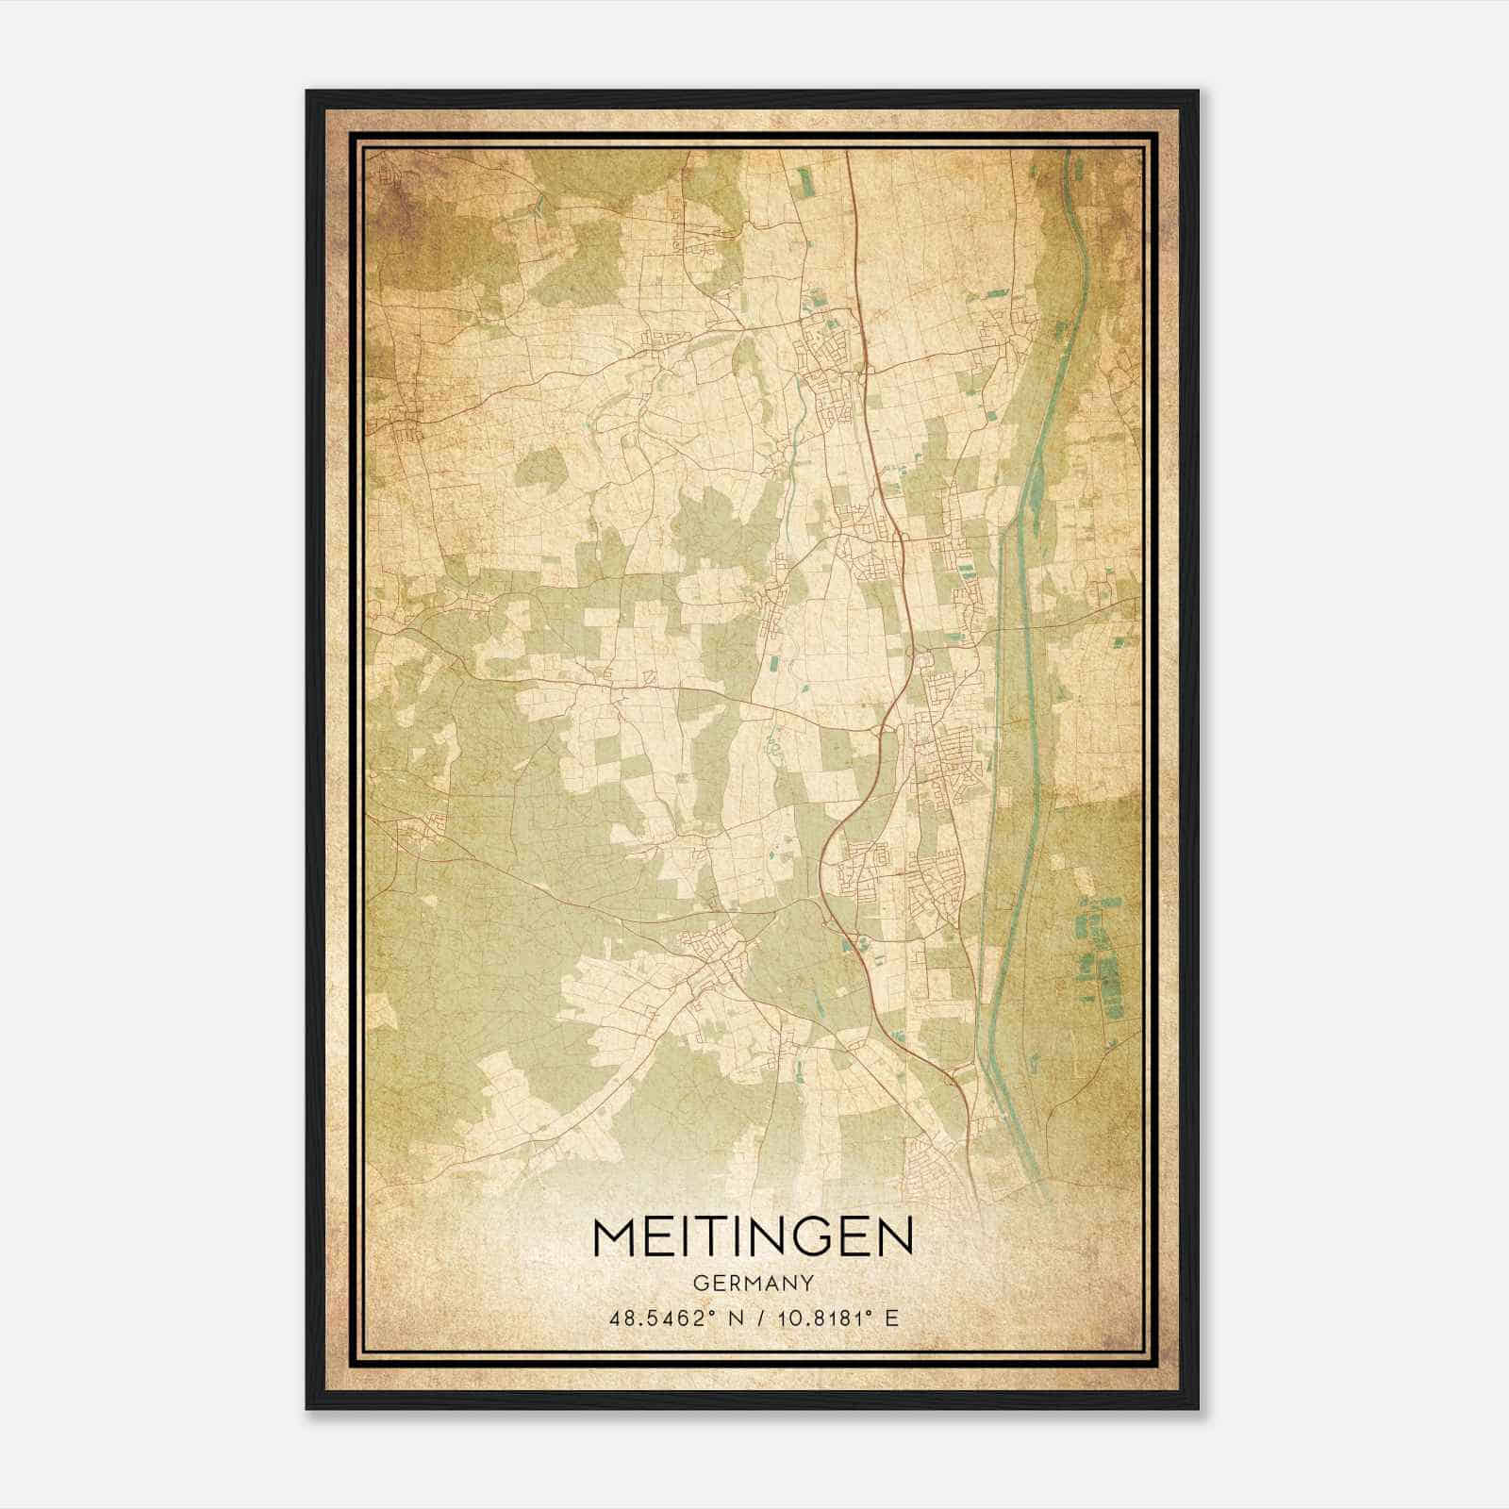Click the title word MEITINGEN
pos(753,1236)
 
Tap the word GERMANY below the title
pos(753,1283)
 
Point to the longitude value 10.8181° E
pos(835,1318)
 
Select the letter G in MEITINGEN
pos(810,1236)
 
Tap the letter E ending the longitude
pos(891,1318)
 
